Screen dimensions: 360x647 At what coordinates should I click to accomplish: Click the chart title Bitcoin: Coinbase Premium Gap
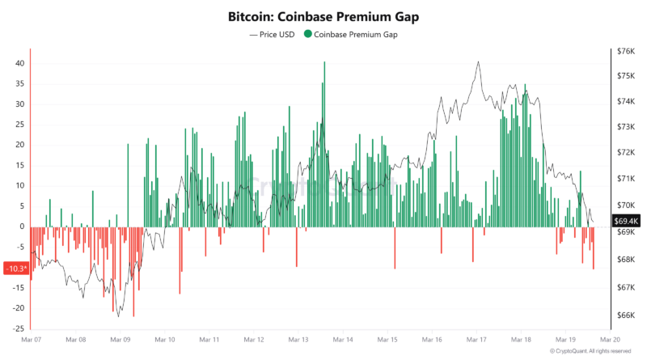323,15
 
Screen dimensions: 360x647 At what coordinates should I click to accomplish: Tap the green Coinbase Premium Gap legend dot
307,35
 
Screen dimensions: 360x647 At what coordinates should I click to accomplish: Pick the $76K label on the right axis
625,51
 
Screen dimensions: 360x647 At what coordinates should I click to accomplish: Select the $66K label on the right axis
625,316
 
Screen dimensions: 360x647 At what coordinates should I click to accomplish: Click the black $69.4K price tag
626,220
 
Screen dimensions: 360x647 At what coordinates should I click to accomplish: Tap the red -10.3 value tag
16,268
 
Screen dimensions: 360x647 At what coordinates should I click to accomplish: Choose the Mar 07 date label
31,341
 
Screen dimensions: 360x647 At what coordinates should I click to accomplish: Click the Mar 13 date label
299,341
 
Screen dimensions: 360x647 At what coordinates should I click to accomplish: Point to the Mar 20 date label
611,341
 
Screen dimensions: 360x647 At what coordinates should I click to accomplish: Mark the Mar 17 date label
477,341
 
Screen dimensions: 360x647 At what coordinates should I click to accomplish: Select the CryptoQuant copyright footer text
590,351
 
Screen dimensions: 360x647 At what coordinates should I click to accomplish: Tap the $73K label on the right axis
625,127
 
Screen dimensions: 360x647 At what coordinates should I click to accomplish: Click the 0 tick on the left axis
23,227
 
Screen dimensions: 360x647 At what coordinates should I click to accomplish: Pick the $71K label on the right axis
625,179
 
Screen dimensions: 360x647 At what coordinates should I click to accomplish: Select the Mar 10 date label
165,341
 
